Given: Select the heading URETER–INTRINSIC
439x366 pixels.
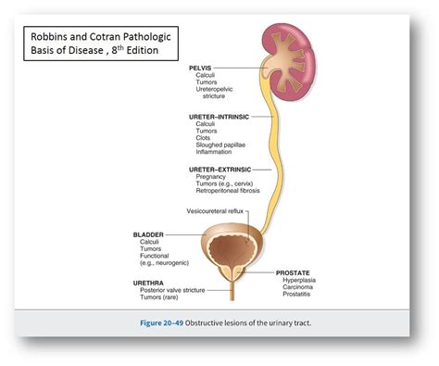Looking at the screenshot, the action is point(219,117).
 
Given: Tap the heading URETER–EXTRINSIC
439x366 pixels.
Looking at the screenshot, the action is point(221,169).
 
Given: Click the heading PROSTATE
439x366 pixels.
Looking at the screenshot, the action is point(295,272).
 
